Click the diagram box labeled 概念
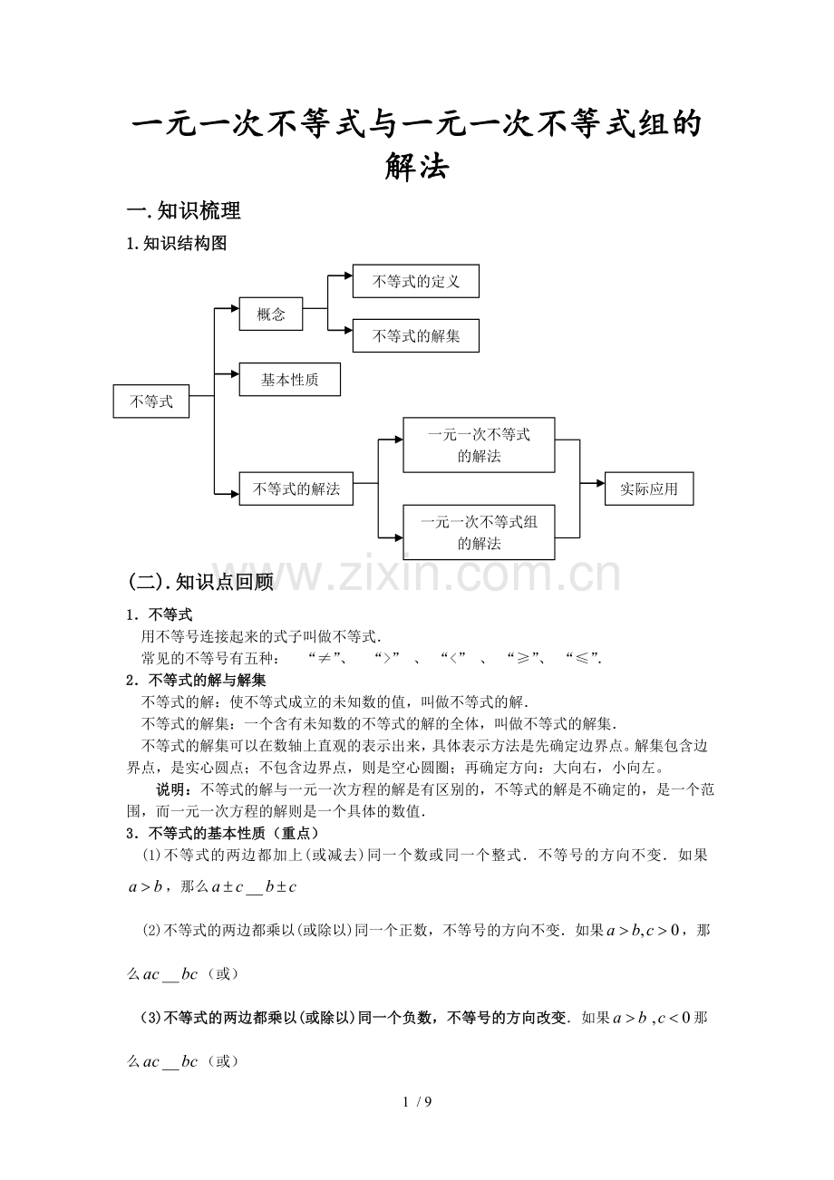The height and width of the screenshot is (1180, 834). tap(271, 314)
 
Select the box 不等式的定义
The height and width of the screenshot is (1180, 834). tap(416, 281)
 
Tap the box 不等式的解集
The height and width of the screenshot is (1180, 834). tap(416, 335)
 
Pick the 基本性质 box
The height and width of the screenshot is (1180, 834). tap(290, 379)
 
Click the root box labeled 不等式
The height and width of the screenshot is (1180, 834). tap(151, 401)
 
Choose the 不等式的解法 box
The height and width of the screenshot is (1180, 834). tap(296, 488)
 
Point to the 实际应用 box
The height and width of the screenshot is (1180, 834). tap(649, 488)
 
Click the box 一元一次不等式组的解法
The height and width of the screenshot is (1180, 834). tap(479, 532)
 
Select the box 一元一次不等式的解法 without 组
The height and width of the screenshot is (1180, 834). tap(479, 445)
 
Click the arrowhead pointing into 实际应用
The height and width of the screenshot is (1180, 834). tap(600, 483)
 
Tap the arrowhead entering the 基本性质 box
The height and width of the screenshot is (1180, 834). tap(235, 374)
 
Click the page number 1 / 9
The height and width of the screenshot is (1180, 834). tap(417, 1101)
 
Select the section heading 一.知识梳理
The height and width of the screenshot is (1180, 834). tap(184, 210)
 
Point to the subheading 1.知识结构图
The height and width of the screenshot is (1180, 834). tap(177, 244)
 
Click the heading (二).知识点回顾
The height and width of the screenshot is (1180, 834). tap(200, 582)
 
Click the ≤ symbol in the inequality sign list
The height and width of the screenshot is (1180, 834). tap(582, 659)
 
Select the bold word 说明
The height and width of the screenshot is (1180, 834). tap(170, 789)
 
